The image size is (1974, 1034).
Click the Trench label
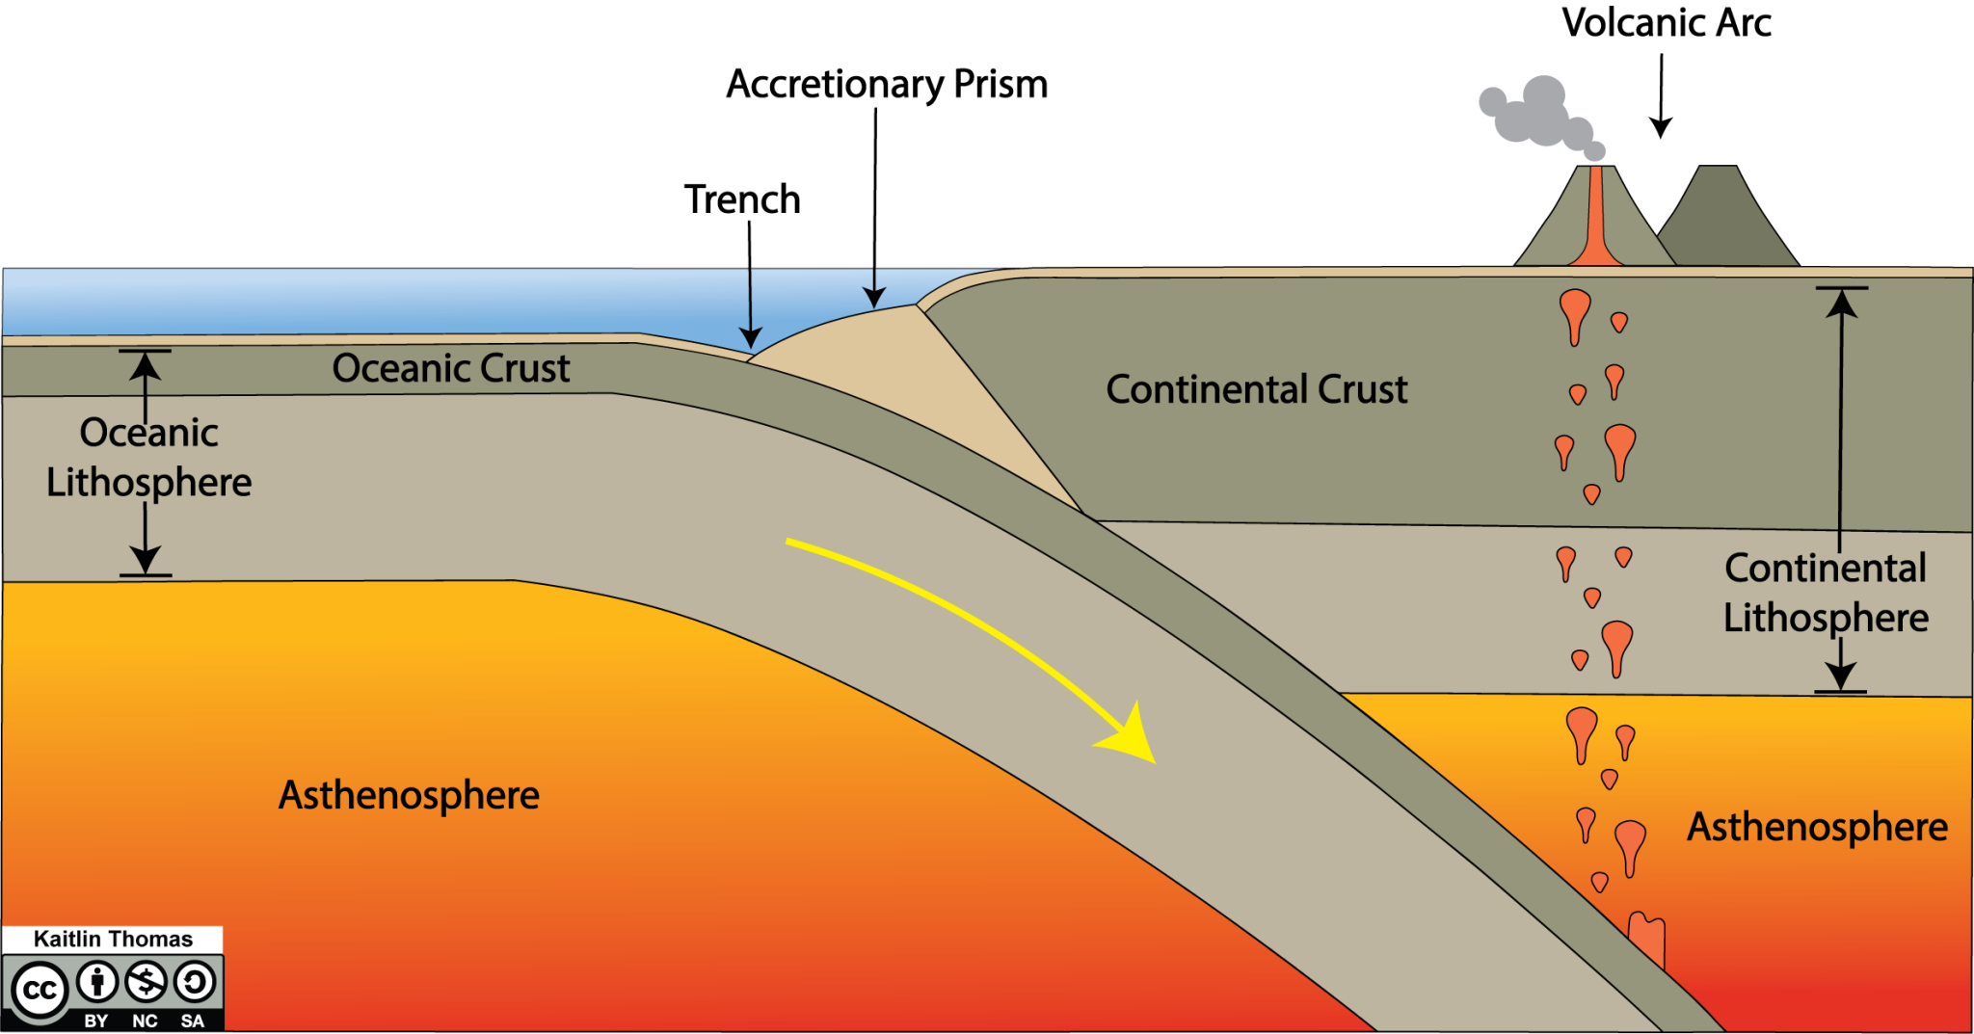click(x=742, y=199)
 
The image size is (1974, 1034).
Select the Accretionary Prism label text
click(x=887, y=85)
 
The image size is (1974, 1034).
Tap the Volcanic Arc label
click(x=1667, y=23)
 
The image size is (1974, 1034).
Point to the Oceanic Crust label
click(x=451, y=368)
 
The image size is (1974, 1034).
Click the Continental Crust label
click(x=1256, y=389)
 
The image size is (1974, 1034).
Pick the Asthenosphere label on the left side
click(x=409, y=796)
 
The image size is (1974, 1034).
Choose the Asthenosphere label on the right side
click(x=1817, y=827)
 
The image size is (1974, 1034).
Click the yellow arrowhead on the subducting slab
click(x=1133, y=738)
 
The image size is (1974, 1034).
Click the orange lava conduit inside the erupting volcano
click(x=1596, y=222)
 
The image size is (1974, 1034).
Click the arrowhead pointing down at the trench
click(x=750, y=338)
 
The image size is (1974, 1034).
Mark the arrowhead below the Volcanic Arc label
click(x=1660, y=128)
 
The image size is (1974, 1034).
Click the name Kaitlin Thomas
click(x=113, y=940)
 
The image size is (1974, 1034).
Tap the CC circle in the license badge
click(x=39, y=991)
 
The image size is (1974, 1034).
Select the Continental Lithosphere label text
click(x=1826, y=593)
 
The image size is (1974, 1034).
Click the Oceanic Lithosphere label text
click(x=149, y=457)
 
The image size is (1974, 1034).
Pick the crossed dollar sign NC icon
click(x=147, y=983)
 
